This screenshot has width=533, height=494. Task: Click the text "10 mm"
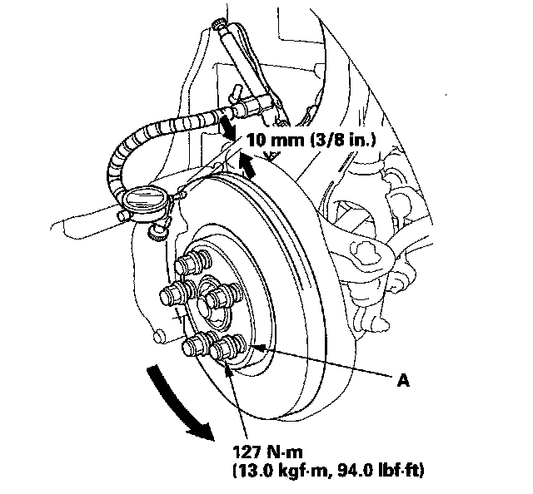tap(269, 141)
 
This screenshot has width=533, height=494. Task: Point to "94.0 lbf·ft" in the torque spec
tap(384, 472)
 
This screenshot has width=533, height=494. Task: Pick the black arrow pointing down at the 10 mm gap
tap(226, 126)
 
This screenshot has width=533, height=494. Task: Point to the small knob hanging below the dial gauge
tap(155, 235)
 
